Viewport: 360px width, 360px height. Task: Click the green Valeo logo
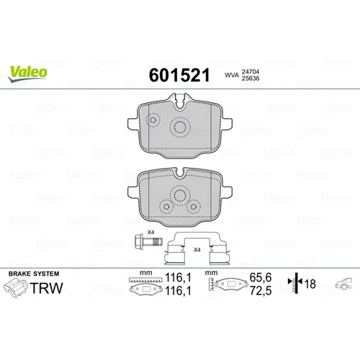tap(28, 74)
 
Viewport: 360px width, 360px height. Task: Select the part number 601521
tap(179, 75)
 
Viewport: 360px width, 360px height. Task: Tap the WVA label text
tap(232, 75)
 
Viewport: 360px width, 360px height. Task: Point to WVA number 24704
tap(251, 71)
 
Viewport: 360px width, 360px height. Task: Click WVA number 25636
tap(251, 78)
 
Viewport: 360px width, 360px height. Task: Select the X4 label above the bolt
tap(150, 232)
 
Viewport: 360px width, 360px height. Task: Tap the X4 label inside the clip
tap(197, 250)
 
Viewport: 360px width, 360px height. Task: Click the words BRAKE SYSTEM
tap(34, 274)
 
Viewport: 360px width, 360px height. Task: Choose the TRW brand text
tap(46, 288)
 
